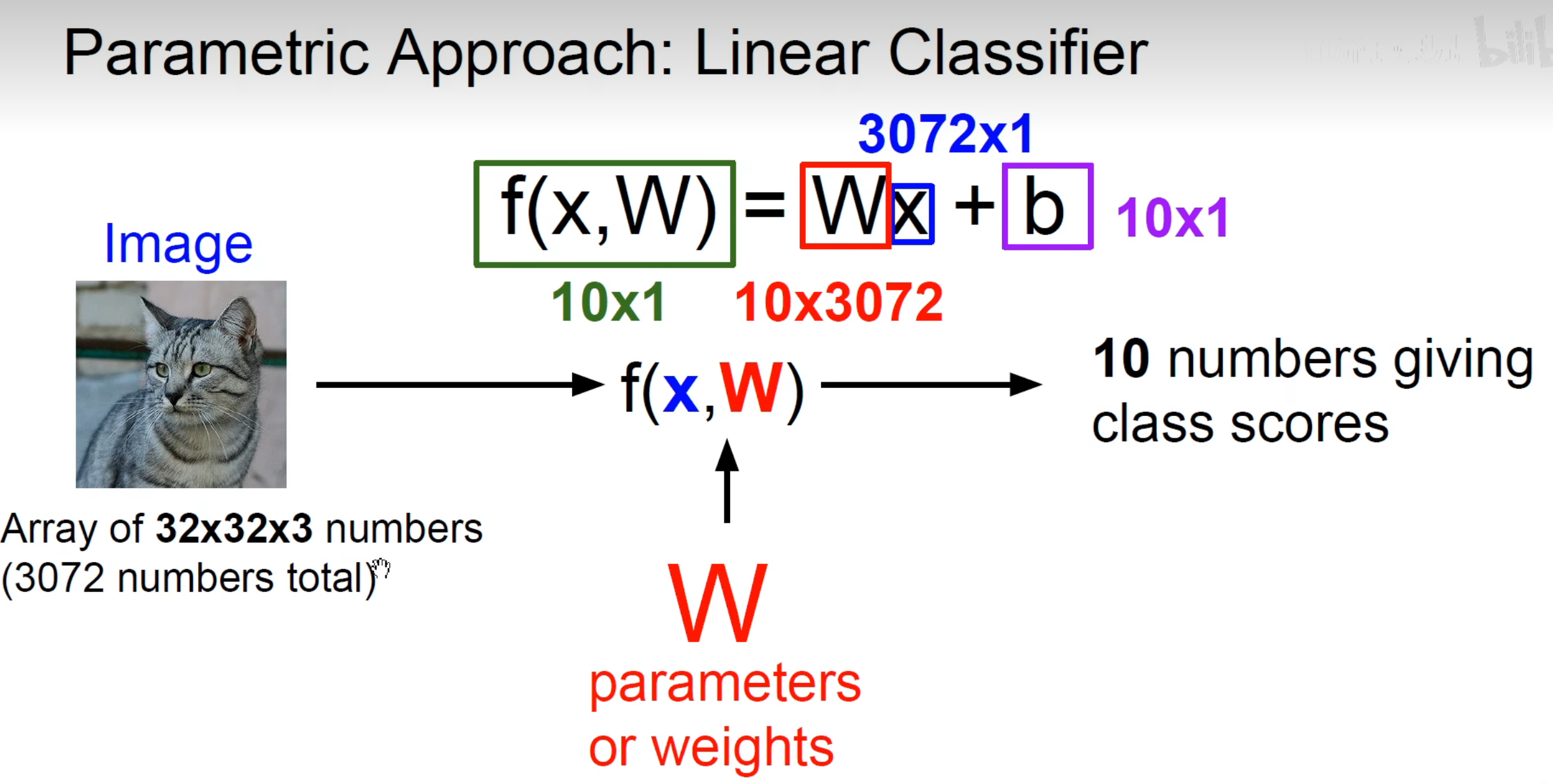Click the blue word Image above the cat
point(178,245)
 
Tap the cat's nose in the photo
point(173,398)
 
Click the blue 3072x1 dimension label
point(945,134)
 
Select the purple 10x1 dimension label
point(1172,219)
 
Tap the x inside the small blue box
point(912,213)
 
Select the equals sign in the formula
point(764,206)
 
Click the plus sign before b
point(974,206)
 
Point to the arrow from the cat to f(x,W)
point(459,385)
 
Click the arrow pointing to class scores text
point(930,385)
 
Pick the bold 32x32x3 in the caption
point(234,529)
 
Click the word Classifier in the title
point(1017,54)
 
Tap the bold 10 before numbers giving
point(1121,359)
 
